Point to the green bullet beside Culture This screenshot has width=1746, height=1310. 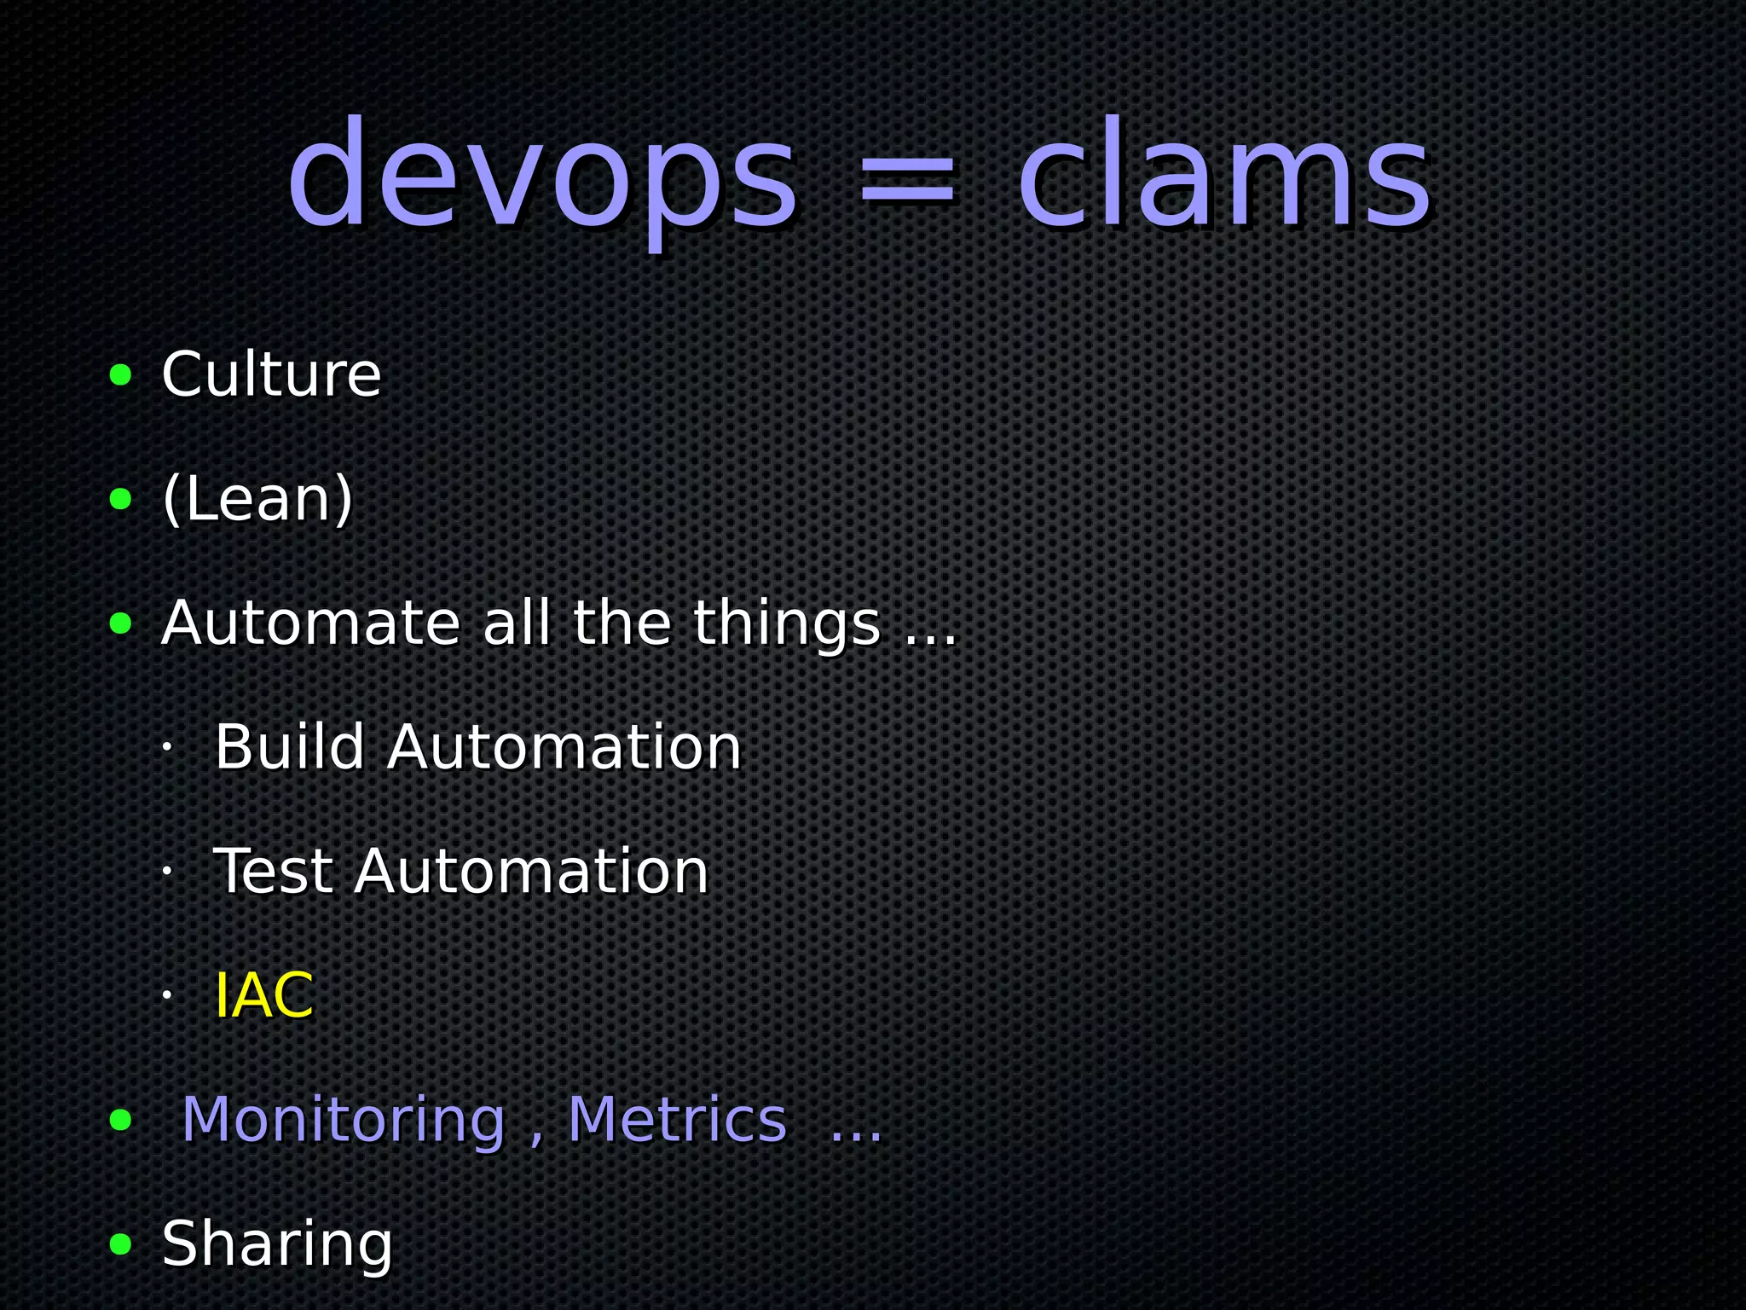pyautogui.click(x=121, y=374)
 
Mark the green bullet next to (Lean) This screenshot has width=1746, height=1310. pyautogui.click(x=121, y=499)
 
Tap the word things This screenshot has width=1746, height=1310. pyautogui.click(x=785, y=624)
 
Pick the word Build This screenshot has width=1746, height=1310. pyautogui.click(x=290, y=747)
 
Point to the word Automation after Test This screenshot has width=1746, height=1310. pyautogui.click(x=532, y=872)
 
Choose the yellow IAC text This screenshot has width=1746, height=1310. pyautogui.click(x=263, y=995)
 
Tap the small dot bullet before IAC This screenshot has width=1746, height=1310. pyautogui.click(x=168, y=994)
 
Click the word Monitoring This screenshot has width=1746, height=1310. pyautogui.click(x=344, y=1119)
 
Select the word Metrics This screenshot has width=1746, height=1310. pyautogui.click(x=677, y=1119)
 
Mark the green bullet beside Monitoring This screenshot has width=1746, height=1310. pyautogui.click(x=121, y=1120)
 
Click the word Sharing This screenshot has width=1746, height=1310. pyautogui.click(x=277, y=1243)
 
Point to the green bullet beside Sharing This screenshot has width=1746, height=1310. pyautogui.click(x=121, y=1244)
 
